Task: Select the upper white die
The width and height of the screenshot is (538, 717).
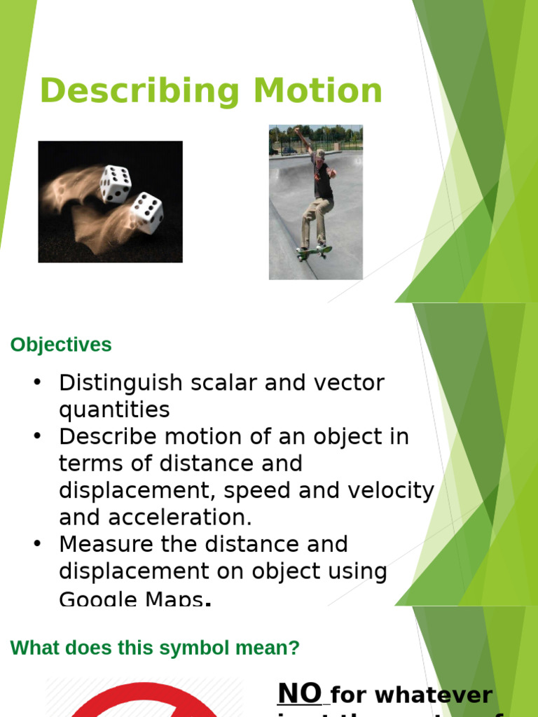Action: tap(116, 184)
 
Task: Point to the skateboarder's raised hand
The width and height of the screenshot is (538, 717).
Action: tap(297, 130)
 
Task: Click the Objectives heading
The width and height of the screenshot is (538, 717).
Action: tap(61, 344)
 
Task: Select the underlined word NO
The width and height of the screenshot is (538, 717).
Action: tap(300, 693)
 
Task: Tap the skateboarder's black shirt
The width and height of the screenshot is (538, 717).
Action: tap(323, 181)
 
